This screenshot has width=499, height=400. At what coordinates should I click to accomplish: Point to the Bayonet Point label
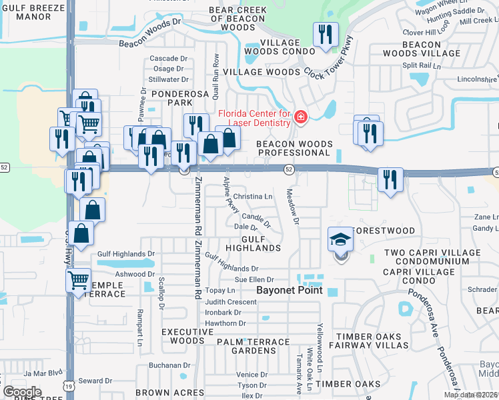tap(290, 291)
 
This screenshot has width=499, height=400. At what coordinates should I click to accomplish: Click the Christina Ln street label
tap(253, 197)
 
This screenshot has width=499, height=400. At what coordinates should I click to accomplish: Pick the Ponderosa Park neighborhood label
tap(171, 99)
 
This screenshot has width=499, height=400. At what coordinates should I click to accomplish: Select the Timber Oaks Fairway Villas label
tap(372, 341)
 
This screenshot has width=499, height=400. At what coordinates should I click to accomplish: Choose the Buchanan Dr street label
tap(169, 365)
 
